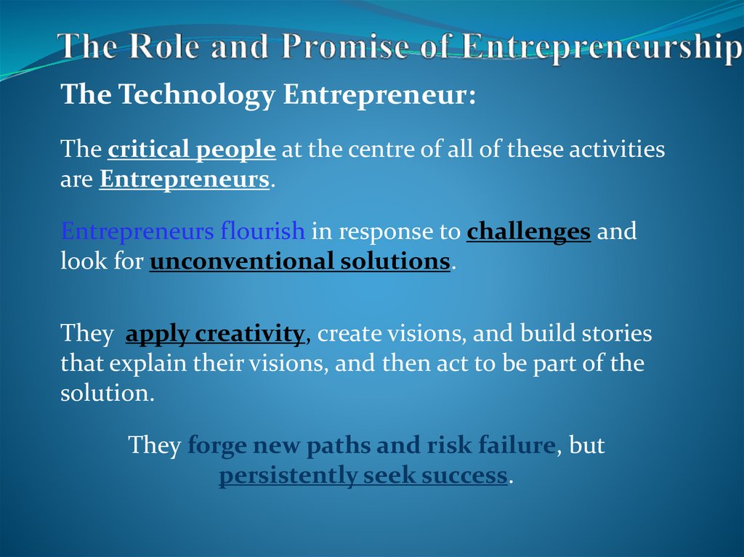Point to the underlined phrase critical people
point(192,150)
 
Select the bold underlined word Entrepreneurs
point(185,179)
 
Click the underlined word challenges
point(528,232)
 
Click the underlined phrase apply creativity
point(215,334)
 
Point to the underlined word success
point(462,476)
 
